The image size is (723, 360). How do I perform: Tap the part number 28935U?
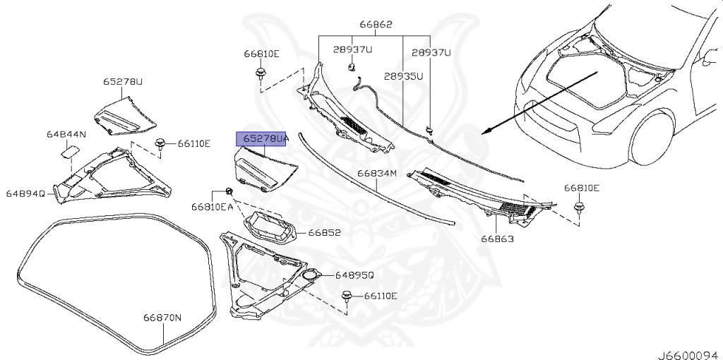click(404, 76)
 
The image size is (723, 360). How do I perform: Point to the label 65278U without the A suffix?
click(122, 82)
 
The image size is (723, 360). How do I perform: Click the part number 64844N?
click(66, 134)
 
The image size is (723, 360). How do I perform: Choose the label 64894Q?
click(25, 193)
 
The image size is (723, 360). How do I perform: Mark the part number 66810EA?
click(212, 207)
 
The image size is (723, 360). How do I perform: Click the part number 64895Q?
click(354, 275)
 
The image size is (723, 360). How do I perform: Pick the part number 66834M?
click(377, 173)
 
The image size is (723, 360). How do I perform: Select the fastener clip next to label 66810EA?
click(230, 191)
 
